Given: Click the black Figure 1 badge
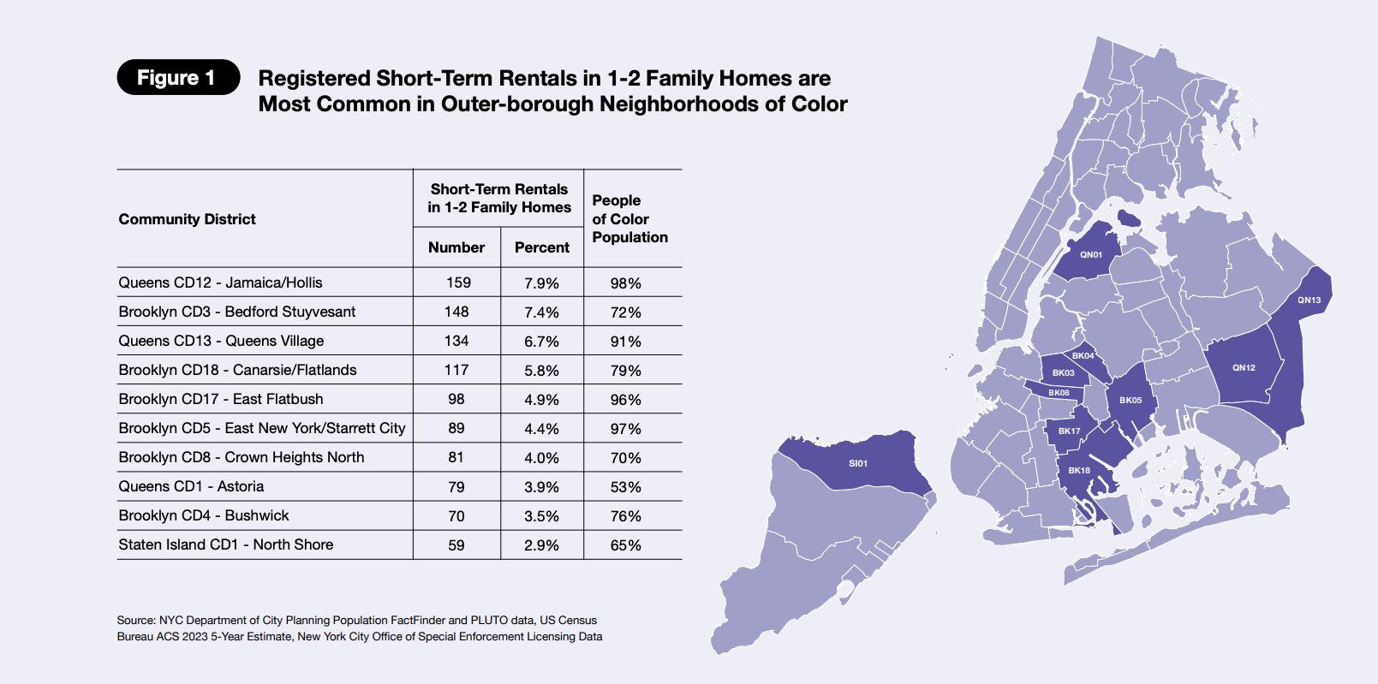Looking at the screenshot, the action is (178, 78).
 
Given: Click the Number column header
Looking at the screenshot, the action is (456, 247).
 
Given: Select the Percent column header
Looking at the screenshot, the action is (542, 247).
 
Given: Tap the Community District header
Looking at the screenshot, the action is (187, 219).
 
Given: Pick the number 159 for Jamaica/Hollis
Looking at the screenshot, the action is (458, 283).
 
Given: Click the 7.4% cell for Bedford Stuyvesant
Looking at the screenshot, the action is (541, 312).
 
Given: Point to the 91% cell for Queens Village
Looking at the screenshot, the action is (626, 342).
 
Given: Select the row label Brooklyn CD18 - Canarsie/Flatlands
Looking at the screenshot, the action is (237, 370).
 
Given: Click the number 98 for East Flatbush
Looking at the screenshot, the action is (456, 399).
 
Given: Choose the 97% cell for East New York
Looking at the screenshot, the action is (626, 429).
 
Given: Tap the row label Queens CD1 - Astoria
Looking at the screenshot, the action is (191, 486).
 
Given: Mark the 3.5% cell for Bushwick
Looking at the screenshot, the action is (541, 516).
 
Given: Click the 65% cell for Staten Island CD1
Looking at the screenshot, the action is (626, 545).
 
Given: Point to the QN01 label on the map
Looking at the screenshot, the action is (1091, 254).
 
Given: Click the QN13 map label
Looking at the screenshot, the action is (1309, 300).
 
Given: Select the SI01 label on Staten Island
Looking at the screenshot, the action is (858, 463).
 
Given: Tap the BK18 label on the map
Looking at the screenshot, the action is (1079, 471).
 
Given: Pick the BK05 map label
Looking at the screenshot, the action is (1130, 401).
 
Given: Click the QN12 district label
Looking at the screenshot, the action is (1244, 368).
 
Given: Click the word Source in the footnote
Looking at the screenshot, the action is (136, 620).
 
